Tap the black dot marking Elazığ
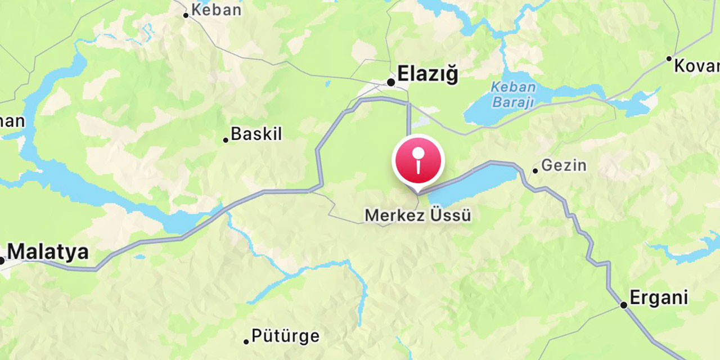coord(391,83)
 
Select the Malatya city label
coord(48,251)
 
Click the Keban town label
coord(216,10)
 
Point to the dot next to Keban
coord(186,15)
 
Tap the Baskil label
coord(256,134)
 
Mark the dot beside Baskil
coord(226,140)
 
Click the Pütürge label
coord(285,336)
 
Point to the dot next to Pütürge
coord(246,341)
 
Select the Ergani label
coord(659,298)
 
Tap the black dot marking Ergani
coord(623,305)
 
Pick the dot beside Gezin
coord(535,170)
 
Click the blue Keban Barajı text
coord(512,94)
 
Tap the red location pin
coord(418,160)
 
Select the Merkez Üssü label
coord(418,215)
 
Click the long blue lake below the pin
coord(472,183)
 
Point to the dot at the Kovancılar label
coord(669,58)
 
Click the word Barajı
coord(512,102)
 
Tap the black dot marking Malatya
coord(2,260)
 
